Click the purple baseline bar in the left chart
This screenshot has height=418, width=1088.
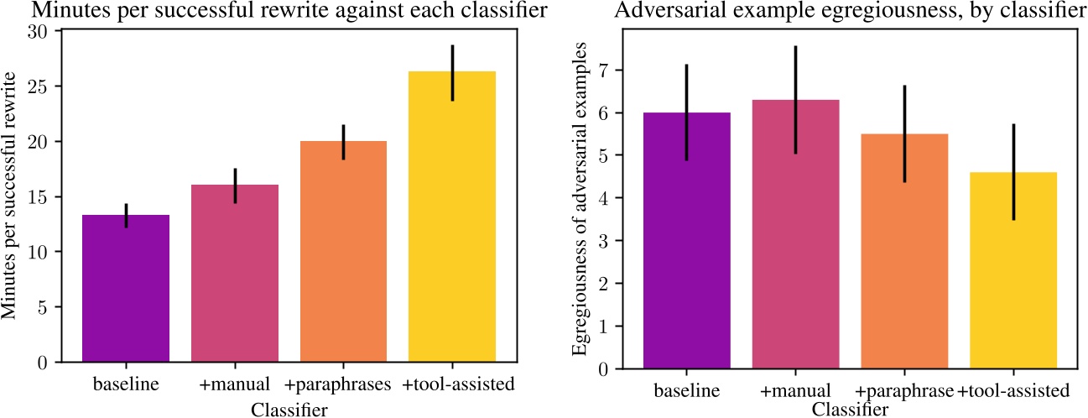126,289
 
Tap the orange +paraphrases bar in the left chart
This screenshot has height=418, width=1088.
343,252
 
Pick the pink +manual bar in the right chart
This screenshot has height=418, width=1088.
795,234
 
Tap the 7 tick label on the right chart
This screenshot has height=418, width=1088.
622,70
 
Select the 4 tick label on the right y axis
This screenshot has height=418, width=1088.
622,198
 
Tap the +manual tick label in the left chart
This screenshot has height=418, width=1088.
235,386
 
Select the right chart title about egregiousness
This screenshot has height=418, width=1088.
850,11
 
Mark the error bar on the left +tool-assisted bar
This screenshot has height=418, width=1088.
451,72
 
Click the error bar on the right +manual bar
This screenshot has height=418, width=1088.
795,100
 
